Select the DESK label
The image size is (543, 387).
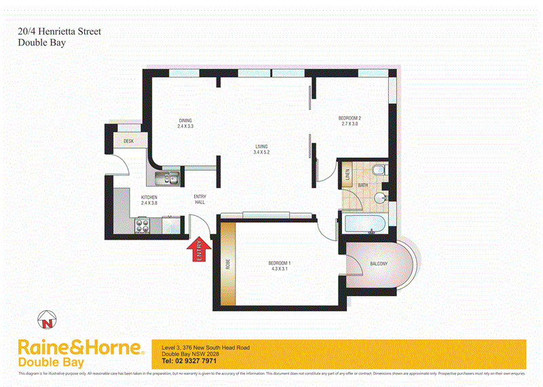[x=128, y=141]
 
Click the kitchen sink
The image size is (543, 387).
[x=166, y=179]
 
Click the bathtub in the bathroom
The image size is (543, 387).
[x=362, y=224]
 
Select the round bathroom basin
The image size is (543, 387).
[x=380, y=198]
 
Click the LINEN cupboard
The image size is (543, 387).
[x=345, y=177]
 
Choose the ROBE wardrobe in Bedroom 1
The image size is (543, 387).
[x=228, y=264]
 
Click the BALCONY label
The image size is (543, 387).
[x=379, y=263]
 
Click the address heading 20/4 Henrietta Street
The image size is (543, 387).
[x=59, y=31]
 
